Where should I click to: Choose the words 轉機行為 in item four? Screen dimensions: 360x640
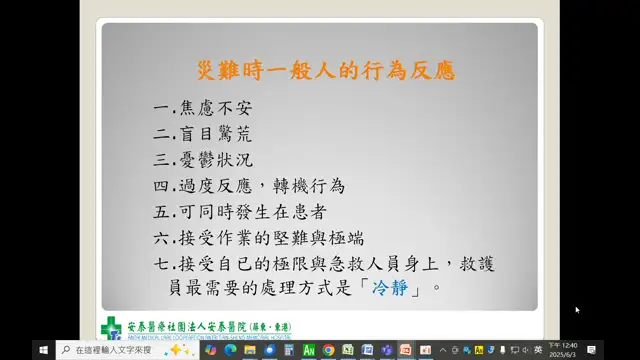(x=309, y=186)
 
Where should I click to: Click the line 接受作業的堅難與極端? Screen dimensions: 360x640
(x=274, y=238)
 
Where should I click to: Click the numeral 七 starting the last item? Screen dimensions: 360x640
(x=163, y=264)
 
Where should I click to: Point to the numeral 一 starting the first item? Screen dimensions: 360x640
(x=163, y=106)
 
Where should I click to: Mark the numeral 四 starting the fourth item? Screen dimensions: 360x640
(x=163, y=186)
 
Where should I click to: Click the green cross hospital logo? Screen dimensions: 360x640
(x=112, y=328)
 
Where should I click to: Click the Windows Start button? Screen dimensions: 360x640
(x=44, y=350)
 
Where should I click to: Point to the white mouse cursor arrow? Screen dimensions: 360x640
(x=577, y=310)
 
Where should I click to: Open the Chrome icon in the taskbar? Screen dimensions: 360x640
(x=328, y=350)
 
